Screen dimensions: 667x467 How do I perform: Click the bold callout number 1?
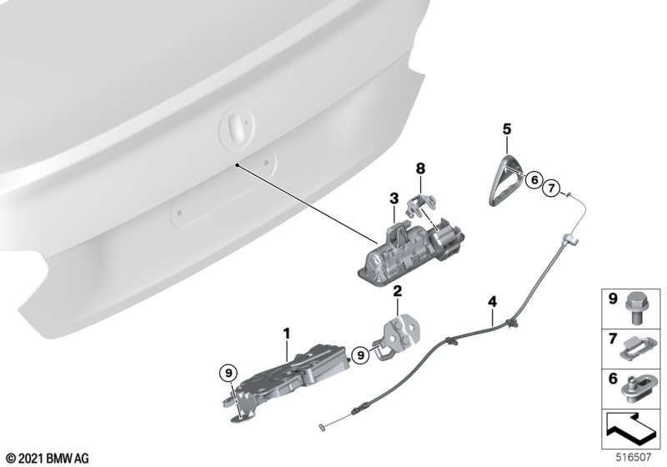click(x=287, y=334)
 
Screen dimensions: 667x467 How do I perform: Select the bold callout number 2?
click(x=398, y=291)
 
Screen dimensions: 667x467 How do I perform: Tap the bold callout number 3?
click(x=394, y=198)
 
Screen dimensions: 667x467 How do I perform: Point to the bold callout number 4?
click(x=492, y=302)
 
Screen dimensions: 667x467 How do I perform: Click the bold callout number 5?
click(x=507, y=129)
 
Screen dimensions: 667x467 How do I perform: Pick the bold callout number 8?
click(x=420, y=168)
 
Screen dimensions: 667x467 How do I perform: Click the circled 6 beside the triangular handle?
click(x=534, y=180)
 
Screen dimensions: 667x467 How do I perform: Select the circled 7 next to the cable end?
click(x=551, y=188)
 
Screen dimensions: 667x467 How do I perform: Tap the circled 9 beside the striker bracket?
click(x=361, y=354)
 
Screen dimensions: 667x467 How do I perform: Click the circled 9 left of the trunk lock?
click(x=228, y=374)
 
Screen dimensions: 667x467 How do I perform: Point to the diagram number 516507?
click(x=634, y=458)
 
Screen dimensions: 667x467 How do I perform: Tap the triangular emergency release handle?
click(x=505, y=180)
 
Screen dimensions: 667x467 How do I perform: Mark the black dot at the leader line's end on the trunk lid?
click(x=237, y=164)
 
